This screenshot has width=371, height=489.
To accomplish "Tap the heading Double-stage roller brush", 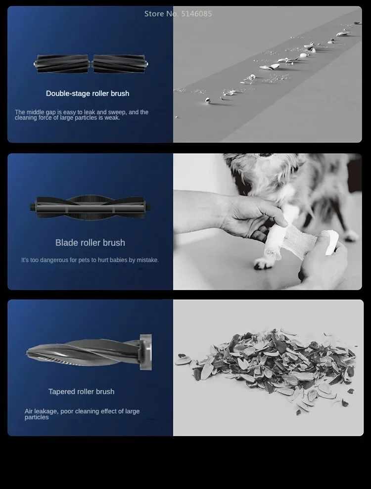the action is [x=88, y=93].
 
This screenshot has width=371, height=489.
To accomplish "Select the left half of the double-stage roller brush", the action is [x=62, y=64].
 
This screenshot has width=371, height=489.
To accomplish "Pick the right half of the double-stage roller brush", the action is [x=120, y=64].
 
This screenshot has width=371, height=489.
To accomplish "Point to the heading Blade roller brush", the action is [x=90, y=243].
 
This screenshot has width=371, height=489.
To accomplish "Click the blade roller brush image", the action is [x=90, y=207].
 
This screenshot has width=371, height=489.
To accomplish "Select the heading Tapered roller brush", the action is [x=82, y=392].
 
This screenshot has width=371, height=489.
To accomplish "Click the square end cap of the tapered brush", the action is [x=146, y=352].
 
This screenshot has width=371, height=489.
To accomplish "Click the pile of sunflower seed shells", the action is [x=266, y=369].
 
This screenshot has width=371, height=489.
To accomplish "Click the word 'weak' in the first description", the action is [x=113, y=118].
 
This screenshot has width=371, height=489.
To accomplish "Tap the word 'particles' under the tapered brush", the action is [x=37, y=418].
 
